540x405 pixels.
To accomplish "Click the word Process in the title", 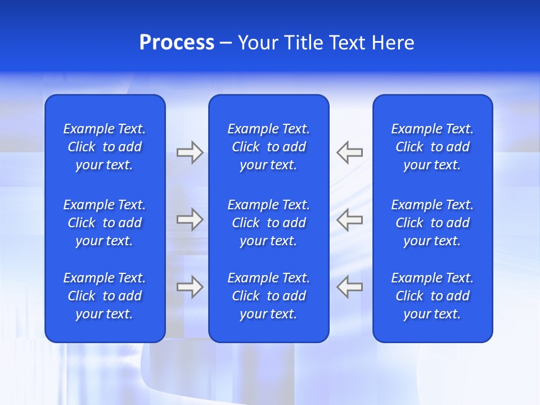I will pos(177,43).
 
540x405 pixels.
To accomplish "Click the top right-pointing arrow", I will pos(190,152).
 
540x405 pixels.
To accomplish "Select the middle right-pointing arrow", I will pos(190,219).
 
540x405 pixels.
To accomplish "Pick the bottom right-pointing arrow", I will pos(190,287).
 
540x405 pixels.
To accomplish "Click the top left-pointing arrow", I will pos(349,152).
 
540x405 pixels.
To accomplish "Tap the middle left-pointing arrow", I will pos(349,219).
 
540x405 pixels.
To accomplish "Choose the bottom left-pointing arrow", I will pos(349,287).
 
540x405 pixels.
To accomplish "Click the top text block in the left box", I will pos(105,147).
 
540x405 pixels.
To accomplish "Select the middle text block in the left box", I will pos(105,223).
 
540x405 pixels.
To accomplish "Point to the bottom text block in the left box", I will pos(105,296).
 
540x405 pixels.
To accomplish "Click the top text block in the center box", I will pos(269,147).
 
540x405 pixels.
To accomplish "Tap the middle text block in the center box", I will pos(269,223).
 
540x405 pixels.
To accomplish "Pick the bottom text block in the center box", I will pos(269,296).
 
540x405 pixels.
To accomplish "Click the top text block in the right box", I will pos(433,147).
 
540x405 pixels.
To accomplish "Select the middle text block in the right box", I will pos(433,223).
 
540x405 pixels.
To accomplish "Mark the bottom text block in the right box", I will pos(433,296).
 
